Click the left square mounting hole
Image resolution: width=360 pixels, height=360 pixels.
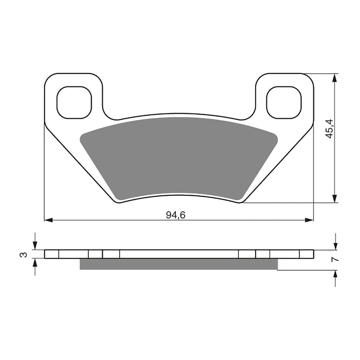tap(74, 103)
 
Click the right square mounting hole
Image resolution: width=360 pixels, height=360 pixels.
tap(283, 103)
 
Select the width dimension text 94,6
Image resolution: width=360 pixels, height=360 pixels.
tap(175, 215)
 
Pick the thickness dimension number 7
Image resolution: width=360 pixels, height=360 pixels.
tap(333, 260)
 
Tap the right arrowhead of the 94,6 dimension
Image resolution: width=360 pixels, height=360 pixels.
tap(309, 220)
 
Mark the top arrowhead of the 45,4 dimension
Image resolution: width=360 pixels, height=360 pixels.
tap(334, 78)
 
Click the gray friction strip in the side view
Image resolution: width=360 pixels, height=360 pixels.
tap(179, 265)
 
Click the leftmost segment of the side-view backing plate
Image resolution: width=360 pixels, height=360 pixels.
tap(52, 254)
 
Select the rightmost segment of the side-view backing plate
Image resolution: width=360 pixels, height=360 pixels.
tap(306, 254)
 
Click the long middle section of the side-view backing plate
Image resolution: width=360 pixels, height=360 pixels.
tap(179, 254)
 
